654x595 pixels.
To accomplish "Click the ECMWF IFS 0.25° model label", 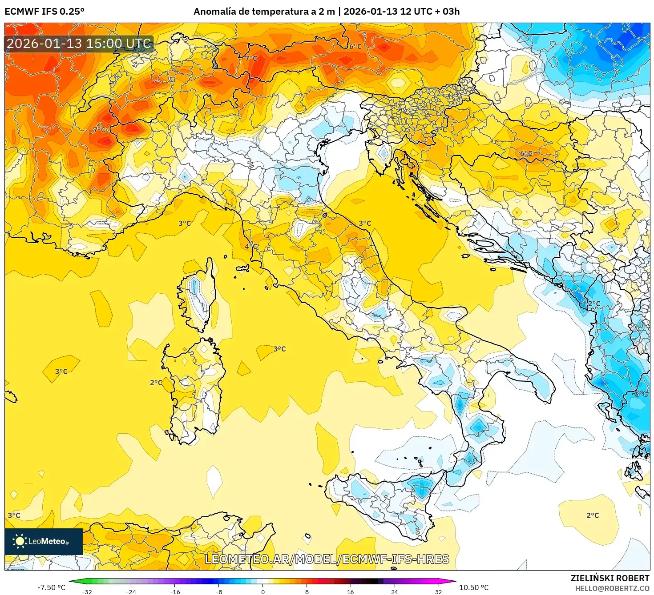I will (x=44, y=12).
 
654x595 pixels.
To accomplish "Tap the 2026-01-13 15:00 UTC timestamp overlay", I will (x=79, y=44).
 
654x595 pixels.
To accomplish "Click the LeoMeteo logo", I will (x=43, y=541).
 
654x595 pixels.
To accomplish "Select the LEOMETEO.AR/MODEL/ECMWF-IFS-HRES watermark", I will (x=327, y=559).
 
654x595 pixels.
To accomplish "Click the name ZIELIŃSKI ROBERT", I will (x=610, y=578).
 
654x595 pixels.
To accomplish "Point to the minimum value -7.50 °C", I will (x=51, y=587).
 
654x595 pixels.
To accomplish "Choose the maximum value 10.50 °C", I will (x=474, y=587).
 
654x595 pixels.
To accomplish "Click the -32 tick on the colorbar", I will (x=87, y=591).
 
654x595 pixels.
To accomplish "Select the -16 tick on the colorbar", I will (x=175, y=591).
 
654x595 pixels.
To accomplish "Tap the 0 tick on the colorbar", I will (x=263, y=591).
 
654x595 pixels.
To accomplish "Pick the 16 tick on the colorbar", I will (x=351, y=591).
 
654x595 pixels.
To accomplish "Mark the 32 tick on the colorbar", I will (x=438, y=591).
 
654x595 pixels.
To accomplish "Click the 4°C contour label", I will (x=251, y=246).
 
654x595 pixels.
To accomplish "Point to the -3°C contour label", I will (x=640, y=394).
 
